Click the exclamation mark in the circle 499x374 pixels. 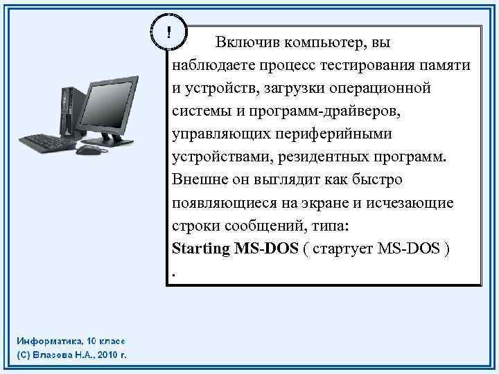pyautogui.click(x=169, y=32)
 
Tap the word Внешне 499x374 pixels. pyautogui.click(x=198, y=180)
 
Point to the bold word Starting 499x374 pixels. pyautogui.click(x=200, y=249)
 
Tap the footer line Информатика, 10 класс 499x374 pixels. pyautogui.click(x=71, y=342)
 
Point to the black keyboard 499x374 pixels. pyautogui.click(x=46, y=142)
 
